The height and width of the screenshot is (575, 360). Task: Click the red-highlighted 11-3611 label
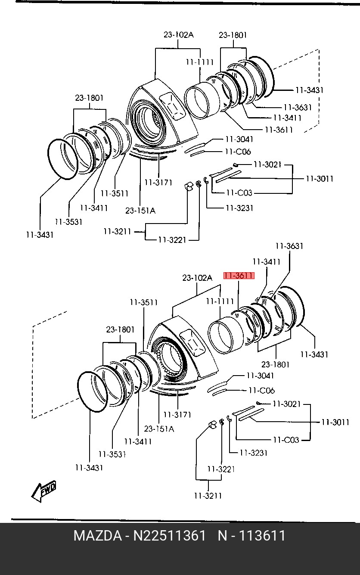coord(239,275)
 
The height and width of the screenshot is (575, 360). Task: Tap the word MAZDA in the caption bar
coord(97,536)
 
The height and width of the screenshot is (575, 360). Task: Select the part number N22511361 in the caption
coord(169,536)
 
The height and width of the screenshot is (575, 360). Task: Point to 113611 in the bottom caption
coord(262,536)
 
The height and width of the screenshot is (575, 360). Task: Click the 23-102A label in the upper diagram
coord(179,34)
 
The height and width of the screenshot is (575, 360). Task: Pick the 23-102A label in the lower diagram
coord(197,278)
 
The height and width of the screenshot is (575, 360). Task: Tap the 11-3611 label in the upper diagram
coord(279,130)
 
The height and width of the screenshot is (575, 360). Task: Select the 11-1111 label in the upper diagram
coord(200,62)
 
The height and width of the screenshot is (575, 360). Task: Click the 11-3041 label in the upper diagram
coord(239,140)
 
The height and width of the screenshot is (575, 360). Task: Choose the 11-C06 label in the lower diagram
coord(261,390)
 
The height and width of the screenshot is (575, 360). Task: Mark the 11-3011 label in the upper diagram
coord(320,179)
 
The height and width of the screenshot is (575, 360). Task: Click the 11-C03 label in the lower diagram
coord(286,440)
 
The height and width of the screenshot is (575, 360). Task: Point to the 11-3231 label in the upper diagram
coord(239,208)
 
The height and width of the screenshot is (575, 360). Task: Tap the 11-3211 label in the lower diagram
coord(208,496)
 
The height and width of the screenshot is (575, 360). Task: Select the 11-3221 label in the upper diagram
coord(172,240)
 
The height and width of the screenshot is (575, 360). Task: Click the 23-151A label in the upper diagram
coord(140,211)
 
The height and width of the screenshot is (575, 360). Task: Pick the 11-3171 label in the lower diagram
coord(177,415)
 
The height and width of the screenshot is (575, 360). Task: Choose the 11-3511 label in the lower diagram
coord(143,302)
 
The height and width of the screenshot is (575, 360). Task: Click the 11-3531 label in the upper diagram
coord(69,222)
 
